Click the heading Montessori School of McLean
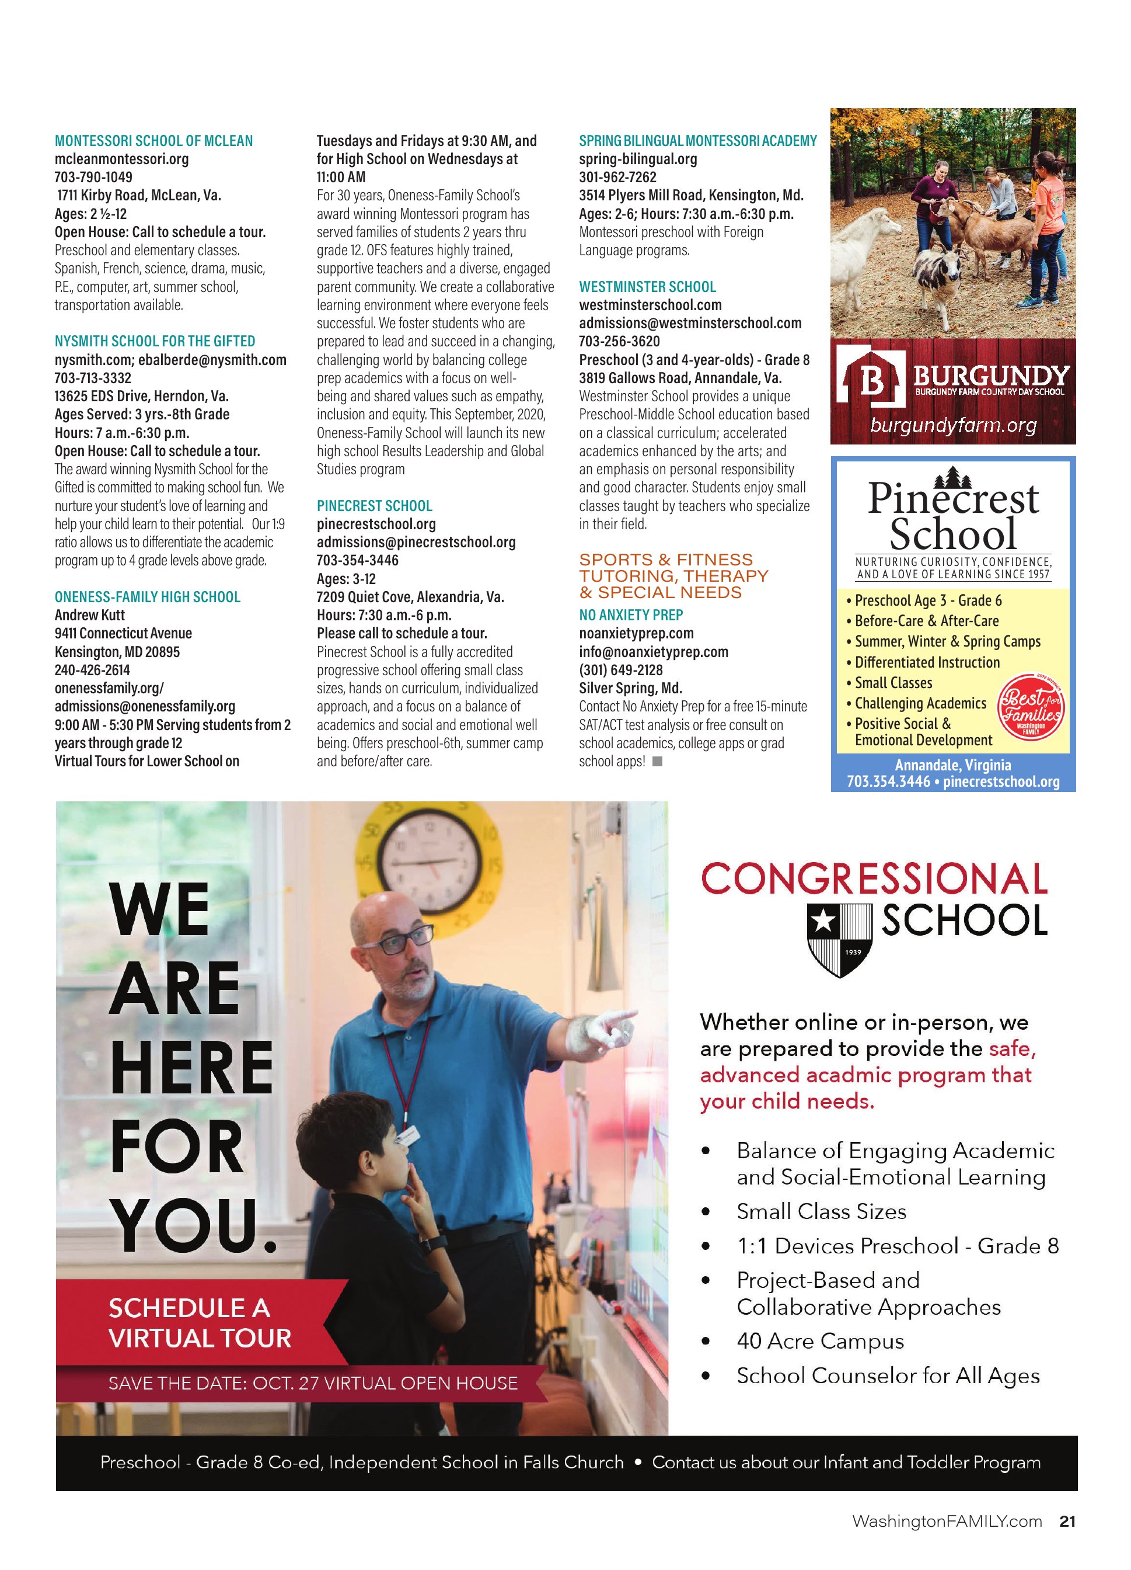(153, 141)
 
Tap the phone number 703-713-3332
(93, 378)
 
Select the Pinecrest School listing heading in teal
(374, 506)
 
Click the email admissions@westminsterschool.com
(690, 323)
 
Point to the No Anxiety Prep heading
(630, 614)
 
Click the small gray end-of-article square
(657, 762)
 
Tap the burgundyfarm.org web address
(952, 425)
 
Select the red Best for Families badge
(1030, 708)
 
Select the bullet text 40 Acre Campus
(820, 1342)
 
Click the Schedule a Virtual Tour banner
(200, 1323)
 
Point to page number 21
(1067, 1521)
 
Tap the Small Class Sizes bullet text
(821, 1211)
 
